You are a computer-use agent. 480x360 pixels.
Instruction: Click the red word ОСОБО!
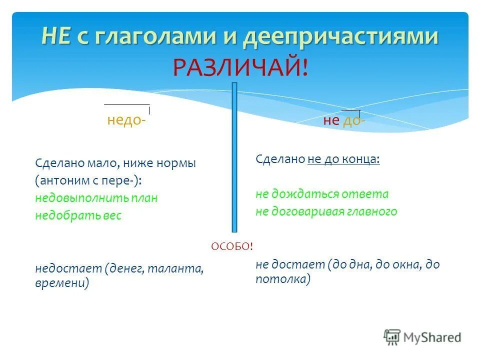[x=232, y=246]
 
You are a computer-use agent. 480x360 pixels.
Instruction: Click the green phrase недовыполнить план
[x=96, y=198]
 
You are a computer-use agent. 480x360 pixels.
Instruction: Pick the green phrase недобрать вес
[x=78, y=215]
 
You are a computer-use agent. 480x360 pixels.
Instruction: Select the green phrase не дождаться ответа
[x=322, y=194]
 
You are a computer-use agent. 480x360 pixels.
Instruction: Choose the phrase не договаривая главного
[x=326, y=211]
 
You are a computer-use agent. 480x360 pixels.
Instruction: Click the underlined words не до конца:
[x=343, y=159]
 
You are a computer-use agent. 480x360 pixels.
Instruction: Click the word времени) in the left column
[x=62, y=283]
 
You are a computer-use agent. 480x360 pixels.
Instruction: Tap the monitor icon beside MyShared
[x=392, y=337]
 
